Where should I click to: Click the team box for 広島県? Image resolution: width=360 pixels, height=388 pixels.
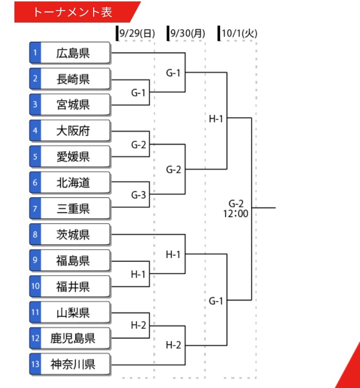70,53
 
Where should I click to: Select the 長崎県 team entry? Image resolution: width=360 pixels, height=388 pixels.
70,79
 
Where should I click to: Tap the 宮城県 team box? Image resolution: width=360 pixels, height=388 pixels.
70,105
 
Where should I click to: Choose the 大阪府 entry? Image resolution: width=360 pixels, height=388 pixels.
70,131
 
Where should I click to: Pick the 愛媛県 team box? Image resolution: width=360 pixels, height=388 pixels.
70,157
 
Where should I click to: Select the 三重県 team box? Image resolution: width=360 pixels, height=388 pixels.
70,208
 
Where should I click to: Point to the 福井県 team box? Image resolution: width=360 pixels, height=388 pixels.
70,287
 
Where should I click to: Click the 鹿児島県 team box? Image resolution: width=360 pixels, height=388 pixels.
70,338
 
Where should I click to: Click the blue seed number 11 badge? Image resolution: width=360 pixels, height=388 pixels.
35,312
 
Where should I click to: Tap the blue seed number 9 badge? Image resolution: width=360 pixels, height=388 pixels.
35,260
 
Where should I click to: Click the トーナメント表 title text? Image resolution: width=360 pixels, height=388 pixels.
73,12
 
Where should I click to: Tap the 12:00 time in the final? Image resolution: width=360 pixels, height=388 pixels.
236,214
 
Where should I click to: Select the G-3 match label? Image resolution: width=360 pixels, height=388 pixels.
139,195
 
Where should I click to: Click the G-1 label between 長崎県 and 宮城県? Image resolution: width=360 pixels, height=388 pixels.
138,93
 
